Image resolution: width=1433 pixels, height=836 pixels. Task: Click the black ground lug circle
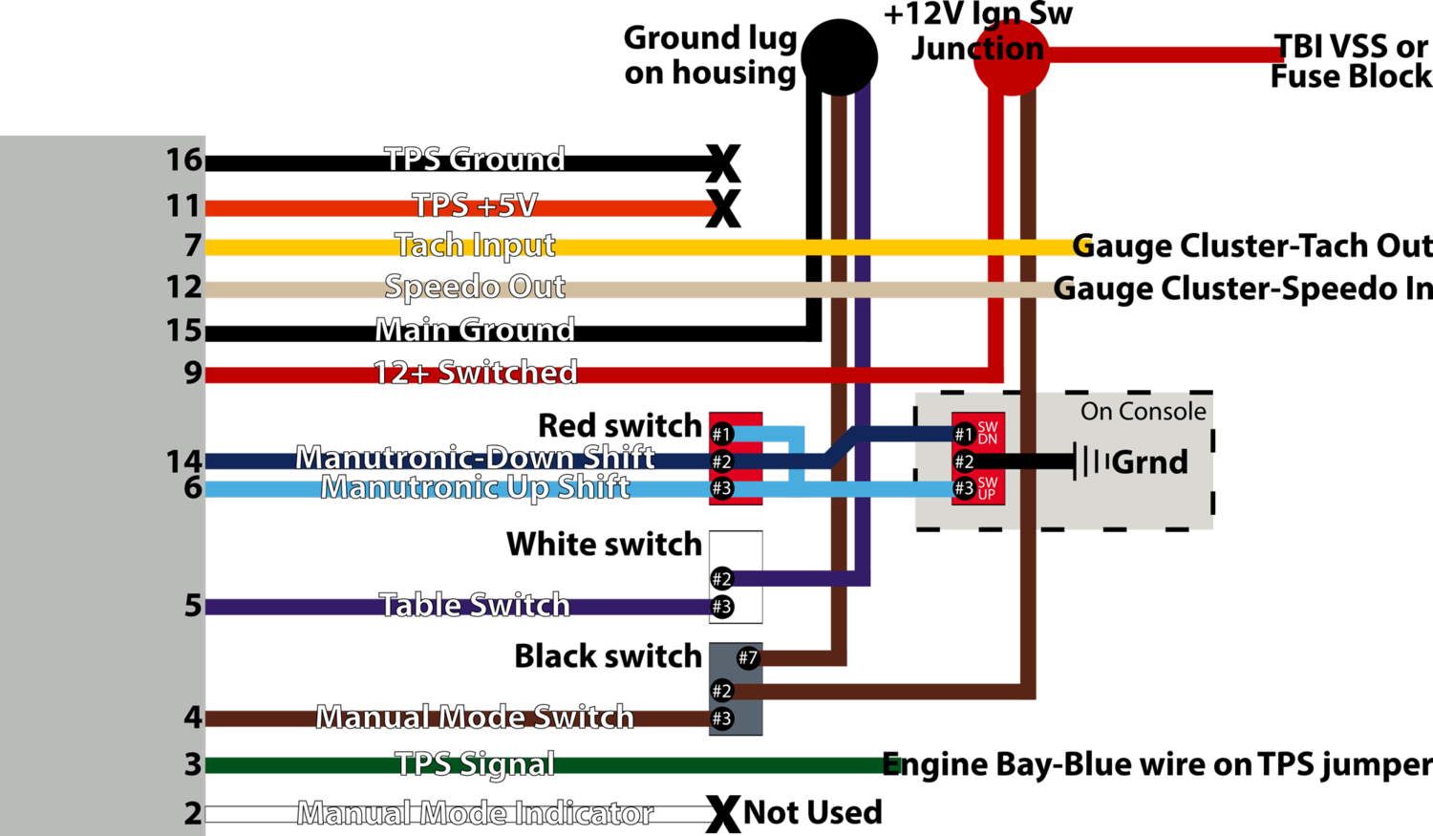coord(840,57)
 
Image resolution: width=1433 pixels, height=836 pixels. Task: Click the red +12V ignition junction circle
coord(1012,57)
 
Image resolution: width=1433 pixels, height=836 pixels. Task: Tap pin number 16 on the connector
coord(184,160)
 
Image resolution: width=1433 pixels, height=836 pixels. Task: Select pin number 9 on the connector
coord(193,373)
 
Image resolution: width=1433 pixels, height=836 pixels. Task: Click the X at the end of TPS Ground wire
coord(723,163)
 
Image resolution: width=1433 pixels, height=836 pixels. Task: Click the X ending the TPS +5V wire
coord(723,208)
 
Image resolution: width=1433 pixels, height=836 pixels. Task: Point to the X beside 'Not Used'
coord(723,814)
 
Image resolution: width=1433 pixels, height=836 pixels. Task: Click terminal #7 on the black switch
coord(748,657)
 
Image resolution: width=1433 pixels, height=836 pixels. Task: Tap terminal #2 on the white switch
coord(722,579)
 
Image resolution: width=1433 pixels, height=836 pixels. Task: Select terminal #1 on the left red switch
coord(722,435)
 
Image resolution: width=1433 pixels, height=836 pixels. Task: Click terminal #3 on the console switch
coord(964,488)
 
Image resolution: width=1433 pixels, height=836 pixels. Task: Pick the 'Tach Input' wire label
coord(476,246)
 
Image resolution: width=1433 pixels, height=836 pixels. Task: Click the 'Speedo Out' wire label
coord(475,287)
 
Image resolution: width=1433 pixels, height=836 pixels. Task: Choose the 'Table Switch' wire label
coord(475,605)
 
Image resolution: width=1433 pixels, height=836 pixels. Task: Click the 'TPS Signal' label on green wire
coord(475,764)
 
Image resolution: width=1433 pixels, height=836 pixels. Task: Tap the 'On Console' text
coord(1144,411)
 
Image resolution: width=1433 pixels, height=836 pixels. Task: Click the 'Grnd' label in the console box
coord(1149,462)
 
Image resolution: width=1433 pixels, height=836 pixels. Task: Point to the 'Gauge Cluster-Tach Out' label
coord(1251,247)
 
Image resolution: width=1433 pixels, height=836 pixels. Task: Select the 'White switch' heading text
coord(605,545)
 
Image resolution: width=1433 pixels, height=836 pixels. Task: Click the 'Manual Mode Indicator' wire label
coord(475,814)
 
